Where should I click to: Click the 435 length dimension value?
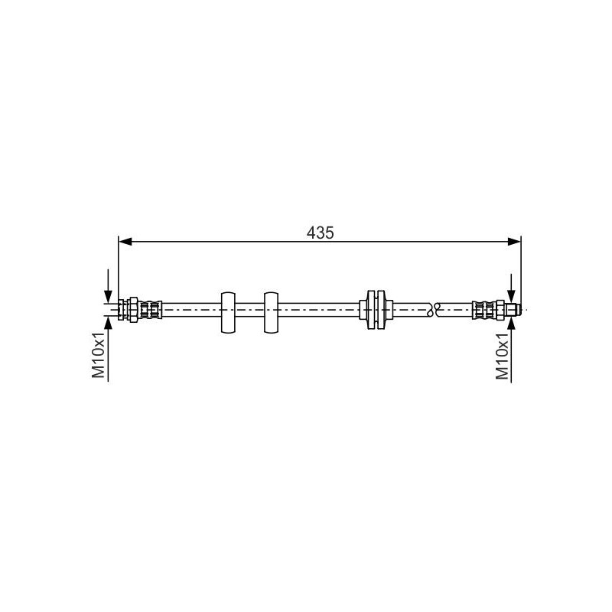point(321,233)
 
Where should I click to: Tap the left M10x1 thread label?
point(98,355)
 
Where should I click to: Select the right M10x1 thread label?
point(503,355)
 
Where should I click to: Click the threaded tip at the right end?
point(515,309)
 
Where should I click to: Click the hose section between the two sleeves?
point(251,310)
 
